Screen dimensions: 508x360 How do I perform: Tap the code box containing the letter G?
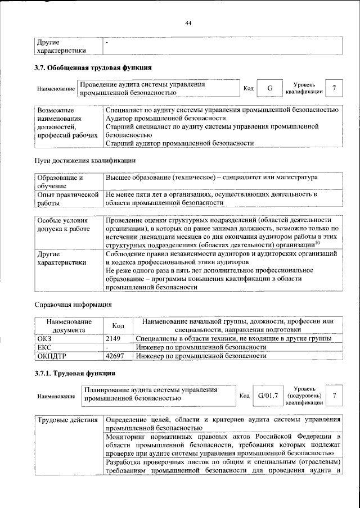tap(270, 88)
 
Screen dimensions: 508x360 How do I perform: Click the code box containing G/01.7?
tap(268, 397)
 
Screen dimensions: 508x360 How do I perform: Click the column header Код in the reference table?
tap(118, 325)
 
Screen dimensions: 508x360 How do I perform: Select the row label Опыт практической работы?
tap(67, 198)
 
